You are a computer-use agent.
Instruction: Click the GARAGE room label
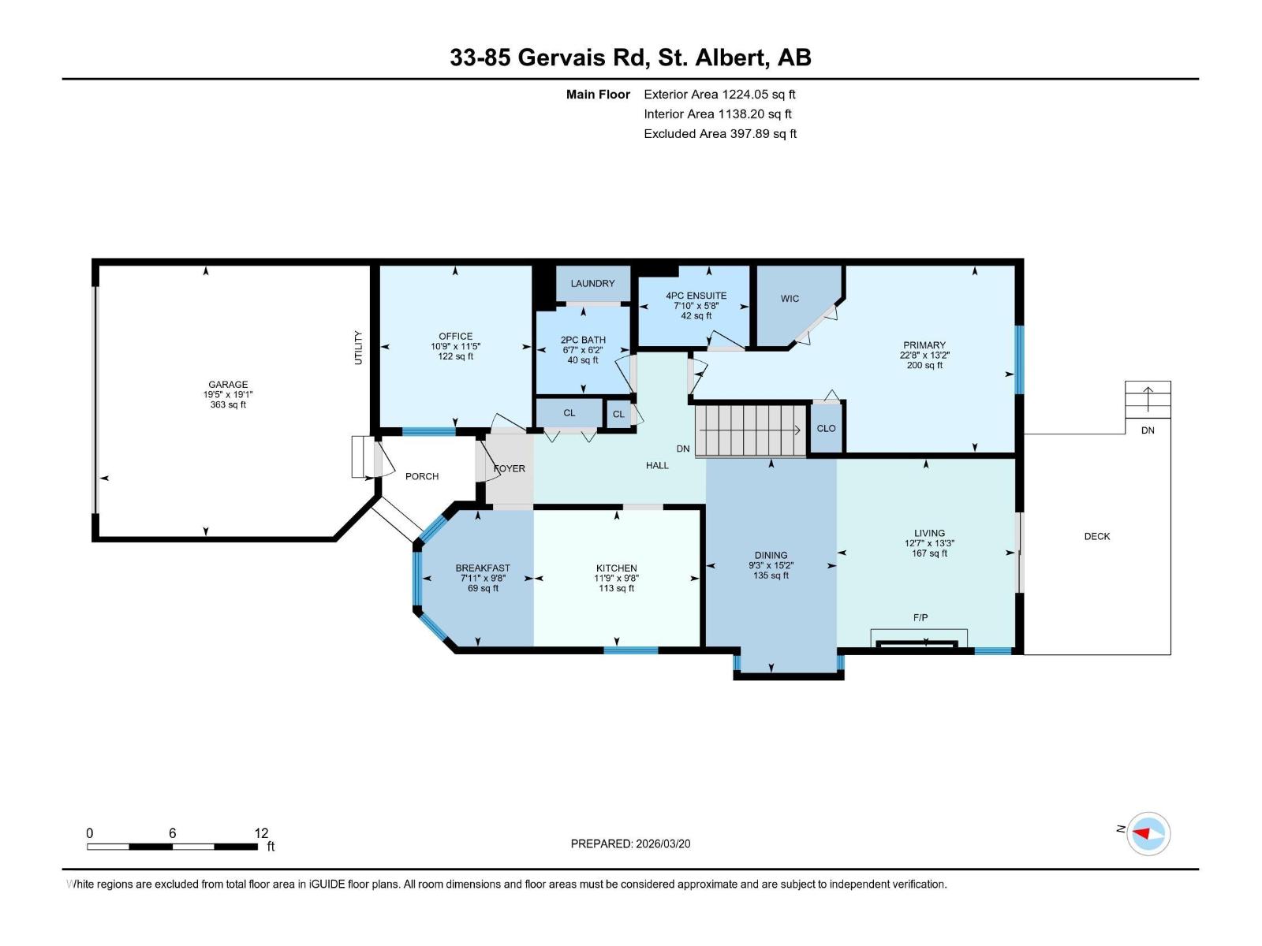coord(228,385)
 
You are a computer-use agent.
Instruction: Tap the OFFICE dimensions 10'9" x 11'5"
coord(455,346)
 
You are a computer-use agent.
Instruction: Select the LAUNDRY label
coord(592,284)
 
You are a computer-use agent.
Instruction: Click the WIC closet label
coord(790,299)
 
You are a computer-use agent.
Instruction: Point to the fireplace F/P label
coord(920,618)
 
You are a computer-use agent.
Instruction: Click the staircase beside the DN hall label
coord(749,430)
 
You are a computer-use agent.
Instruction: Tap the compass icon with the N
coord(1148,833)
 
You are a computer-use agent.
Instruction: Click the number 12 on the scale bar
coord(261,833)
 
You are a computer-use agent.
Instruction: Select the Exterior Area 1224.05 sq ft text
coord(719,95)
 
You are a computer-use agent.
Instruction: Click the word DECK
coord(1096,537)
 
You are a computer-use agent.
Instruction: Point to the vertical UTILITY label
coord(358,348)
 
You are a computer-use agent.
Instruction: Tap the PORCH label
coord(422,477)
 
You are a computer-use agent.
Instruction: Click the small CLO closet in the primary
coord(826,429)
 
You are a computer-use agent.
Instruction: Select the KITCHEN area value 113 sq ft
coord(616,588)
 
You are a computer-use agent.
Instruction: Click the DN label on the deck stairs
coord(1148,430)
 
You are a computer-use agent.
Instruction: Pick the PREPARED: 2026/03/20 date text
coord(630,844)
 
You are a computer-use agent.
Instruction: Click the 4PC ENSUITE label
coord(696,296)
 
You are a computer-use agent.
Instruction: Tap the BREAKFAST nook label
coord(483,568)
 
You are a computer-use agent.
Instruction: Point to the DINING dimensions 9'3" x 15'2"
coord(771,565)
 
